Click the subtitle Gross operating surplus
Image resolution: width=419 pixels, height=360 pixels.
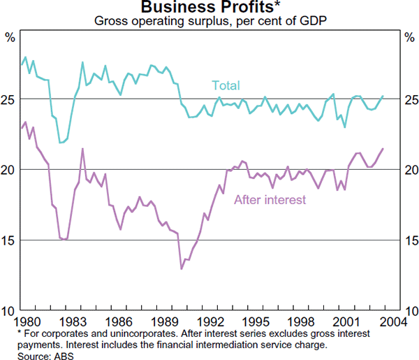[209, 21]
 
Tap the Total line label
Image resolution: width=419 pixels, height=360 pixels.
[226, 86]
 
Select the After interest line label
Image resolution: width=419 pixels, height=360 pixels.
[270, 200]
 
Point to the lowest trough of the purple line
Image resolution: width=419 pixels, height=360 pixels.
[182, 268]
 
